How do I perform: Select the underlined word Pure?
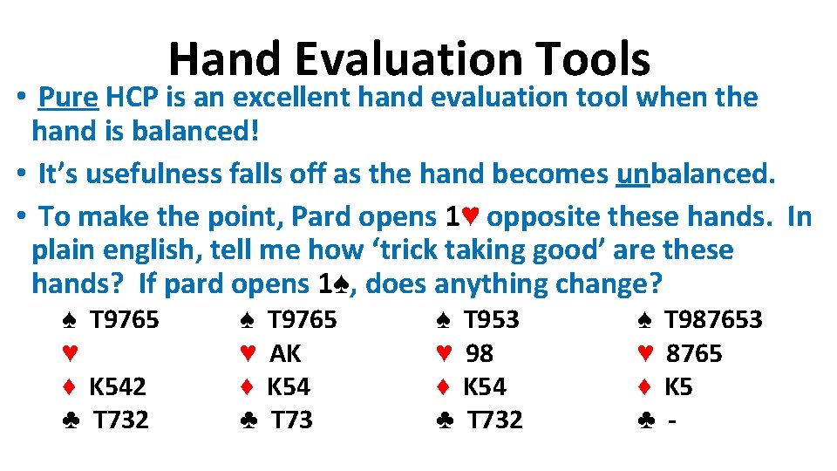coord(68,98)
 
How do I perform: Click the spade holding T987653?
coord(713,320)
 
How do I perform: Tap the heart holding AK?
coord(285,353)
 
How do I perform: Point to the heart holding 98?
coord(479,353)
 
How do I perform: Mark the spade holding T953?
coord(491,320)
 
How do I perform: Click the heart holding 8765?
coord(694,353)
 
